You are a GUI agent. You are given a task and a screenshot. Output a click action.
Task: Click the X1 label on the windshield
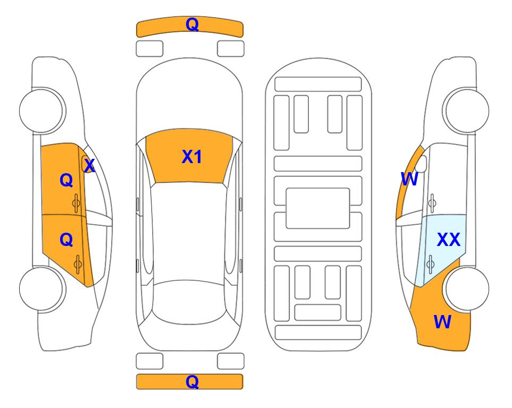point(192,157)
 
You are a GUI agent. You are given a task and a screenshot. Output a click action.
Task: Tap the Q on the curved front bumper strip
point(192,24)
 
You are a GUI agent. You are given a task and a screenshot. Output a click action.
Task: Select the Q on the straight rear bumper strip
point(192,381)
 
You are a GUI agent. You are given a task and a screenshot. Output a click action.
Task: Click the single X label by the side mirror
point(89,166)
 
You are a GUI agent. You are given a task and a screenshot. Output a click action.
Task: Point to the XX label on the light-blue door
point(449,240)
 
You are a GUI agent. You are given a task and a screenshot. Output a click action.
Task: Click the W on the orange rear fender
point(442,322)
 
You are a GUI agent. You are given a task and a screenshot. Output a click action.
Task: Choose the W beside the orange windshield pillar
point(409,179)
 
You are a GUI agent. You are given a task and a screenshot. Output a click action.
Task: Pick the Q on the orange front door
point(66,180)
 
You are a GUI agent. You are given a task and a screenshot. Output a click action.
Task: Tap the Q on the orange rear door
point(66,240)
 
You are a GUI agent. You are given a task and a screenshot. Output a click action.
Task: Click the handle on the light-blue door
point(430,264)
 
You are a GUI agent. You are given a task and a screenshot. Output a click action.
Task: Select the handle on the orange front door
point(77,203)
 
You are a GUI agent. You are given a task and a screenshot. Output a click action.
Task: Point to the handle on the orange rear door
point(78,264)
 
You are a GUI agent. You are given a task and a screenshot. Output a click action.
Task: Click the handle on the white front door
point(432,203)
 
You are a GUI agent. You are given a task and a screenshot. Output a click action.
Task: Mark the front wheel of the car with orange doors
point(42,110)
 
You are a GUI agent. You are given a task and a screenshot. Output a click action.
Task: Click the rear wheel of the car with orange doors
point(42,288)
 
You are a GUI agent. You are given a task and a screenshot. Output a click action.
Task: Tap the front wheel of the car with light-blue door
point(466,110)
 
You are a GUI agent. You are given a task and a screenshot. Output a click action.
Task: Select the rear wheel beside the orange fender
point(466,288)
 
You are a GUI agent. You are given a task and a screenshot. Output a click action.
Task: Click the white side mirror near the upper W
point(422,164)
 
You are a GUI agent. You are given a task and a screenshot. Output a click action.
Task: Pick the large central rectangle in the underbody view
point(318,208)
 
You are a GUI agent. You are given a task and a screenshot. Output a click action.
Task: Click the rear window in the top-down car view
point(189,302)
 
